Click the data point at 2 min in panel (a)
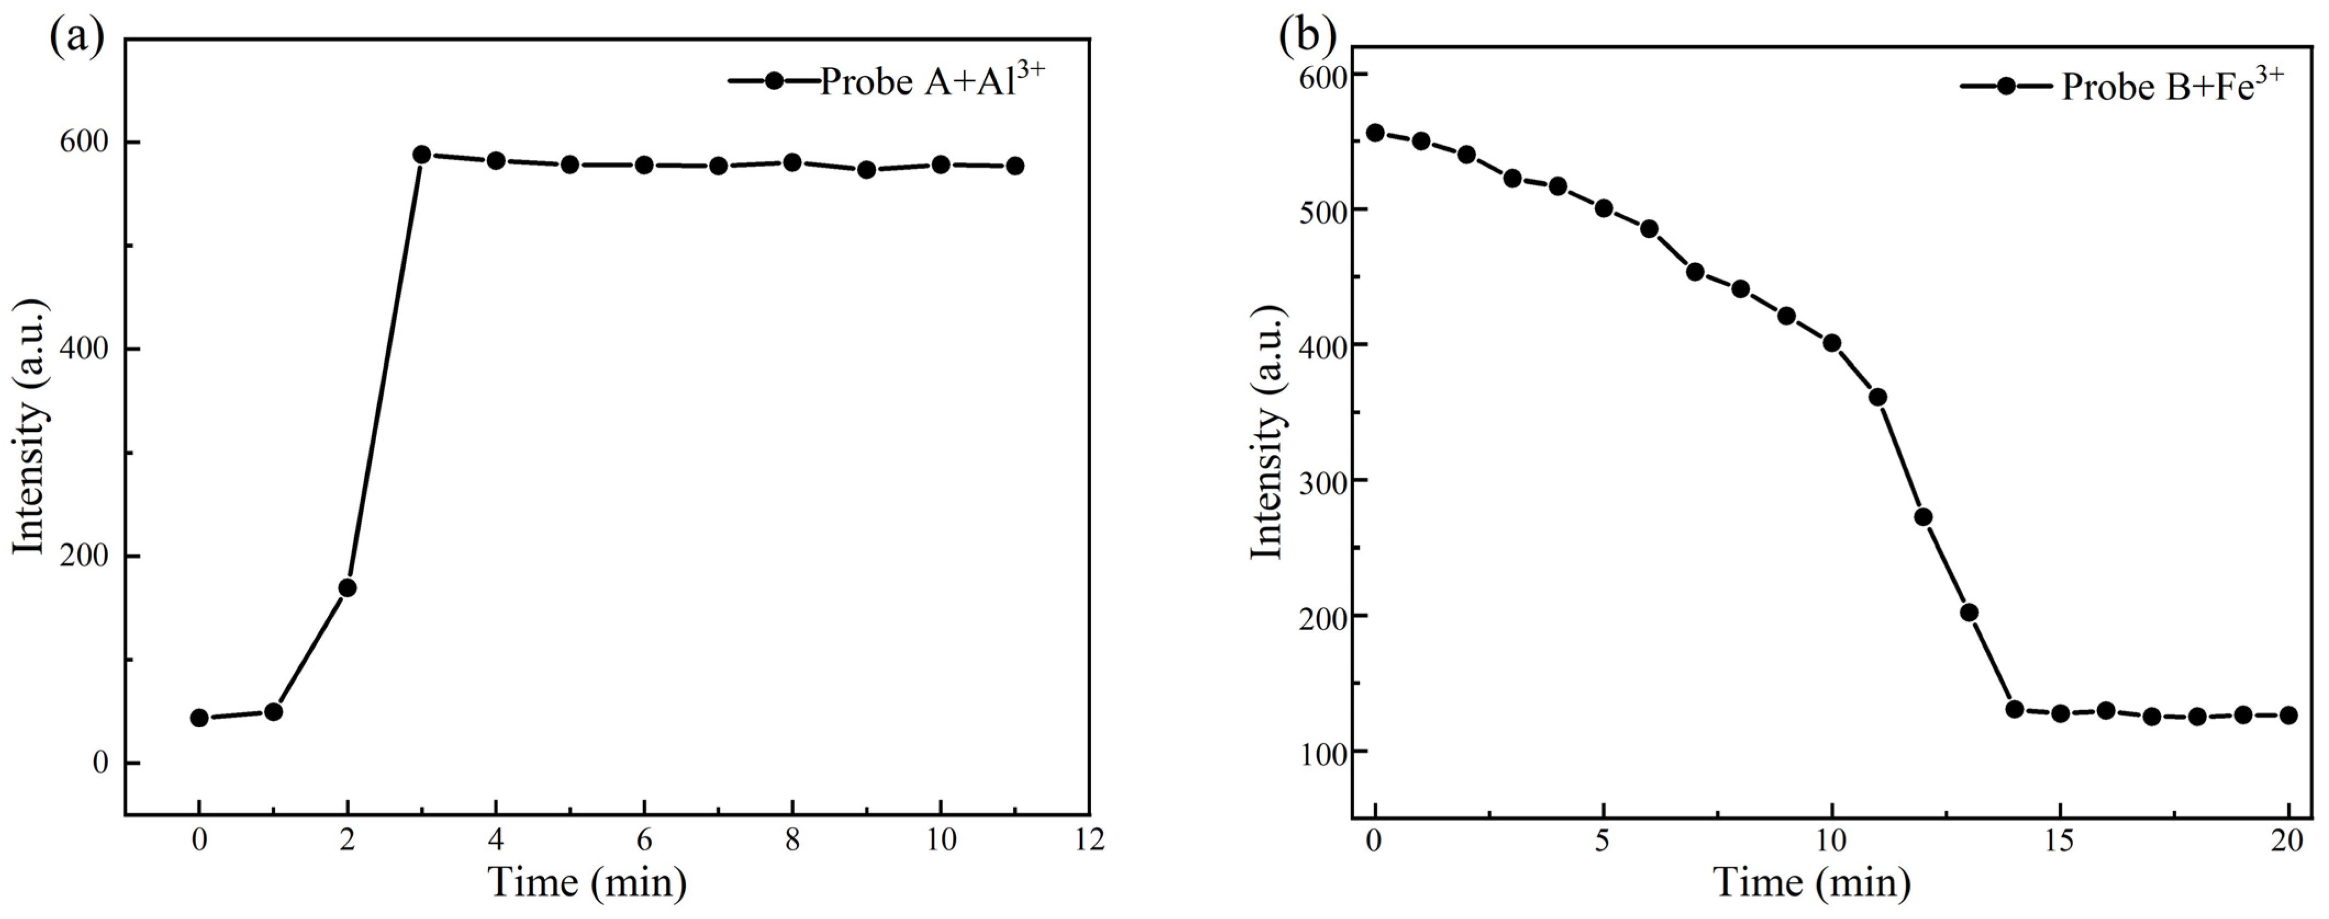[347, 588]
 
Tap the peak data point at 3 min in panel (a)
[421, 155]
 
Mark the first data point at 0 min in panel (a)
[199, 718]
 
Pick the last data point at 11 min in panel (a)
[1014, 165]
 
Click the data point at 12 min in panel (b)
[1923, 516]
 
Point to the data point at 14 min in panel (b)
[2014, 709]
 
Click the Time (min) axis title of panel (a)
[588, 881]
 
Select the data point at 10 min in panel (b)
[1832, 343]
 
